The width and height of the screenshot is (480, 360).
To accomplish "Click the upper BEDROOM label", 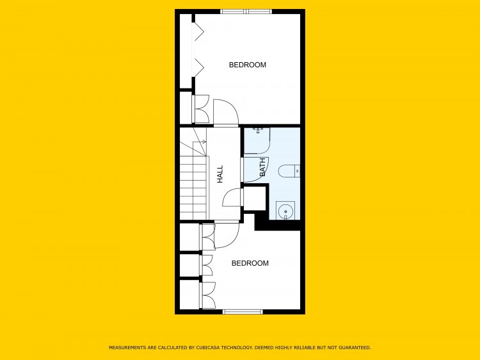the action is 247,65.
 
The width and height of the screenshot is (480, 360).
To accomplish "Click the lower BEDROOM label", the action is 250,263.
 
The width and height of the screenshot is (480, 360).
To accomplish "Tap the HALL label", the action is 220,174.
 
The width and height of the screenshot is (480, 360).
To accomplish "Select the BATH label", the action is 262,167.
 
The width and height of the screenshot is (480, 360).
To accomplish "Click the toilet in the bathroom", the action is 289,171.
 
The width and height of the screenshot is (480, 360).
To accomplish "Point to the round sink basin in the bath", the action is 285,211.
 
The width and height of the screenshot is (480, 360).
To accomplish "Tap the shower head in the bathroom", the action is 259,131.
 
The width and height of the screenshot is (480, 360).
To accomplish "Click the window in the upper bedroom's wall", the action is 246,12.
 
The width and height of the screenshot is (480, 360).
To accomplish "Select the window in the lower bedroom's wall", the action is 243,312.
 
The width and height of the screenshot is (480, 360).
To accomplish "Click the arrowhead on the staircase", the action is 204,142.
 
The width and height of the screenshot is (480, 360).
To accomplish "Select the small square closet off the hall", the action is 254,198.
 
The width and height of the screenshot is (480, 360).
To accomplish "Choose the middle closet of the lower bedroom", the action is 189,265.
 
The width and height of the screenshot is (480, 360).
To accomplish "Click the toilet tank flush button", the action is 297,171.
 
